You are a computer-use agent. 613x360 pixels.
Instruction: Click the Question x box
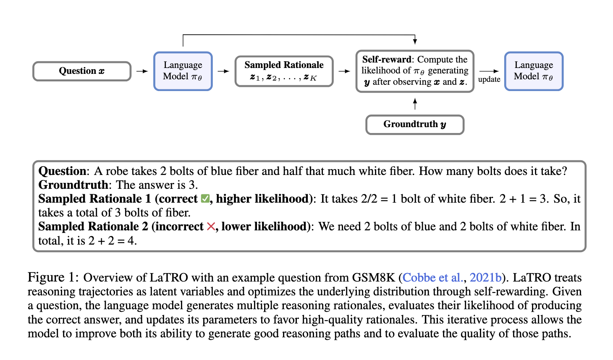click(x=82, y=71)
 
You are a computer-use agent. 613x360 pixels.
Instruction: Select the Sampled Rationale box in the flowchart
click(x=284, y=71)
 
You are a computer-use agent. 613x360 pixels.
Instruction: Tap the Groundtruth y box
click(x=415, y=125)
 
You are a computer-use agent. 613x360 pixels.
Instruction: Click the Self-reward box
click(x=415, y=71)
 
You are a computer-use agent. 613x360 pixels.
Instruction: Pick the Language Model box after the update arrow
click(x=534, y=71)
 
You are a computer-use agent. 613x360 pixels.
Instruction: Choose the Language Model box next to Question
click(x=183, y=71)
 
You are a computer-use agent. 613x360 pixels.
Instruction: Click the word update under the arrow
click(x=489, y=79)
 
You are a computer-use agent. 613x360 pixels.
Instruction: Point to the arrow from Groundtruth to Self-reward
click(x=415, y=104)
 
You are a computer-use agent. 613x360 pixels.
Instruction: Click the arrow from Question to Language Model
click(x=142, y=71)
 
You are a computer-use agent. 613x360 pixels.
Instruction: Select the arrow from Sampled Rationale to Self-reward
click(x=344, y=71)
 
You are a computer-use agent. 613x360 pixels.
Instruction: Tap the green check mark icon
click(x=205, y=198)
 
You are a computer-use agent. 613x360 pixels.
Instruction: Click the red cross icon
click(x=211, y=227)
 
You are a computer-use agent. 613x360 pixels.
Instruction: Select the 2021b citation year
click(x=485, y=278)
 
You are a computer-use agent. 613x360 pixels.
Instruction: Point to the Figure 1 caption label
click(x=53, y=277)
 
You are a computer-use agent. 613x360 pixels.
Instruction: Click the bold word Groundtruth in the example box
click(x=73, y=185)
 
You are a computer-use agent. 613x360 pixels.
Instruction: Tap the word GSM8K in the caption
click(x=374, y=278)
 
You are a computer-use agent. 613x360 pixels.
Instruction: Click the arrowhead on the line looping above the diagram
click(x=415, y=41)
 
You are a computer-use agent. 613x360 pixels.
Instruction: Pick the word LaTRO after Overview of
click(x=169, y=278)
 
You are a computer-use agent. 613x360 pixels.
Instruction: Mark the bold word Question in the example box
click(x=63, y=171)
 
